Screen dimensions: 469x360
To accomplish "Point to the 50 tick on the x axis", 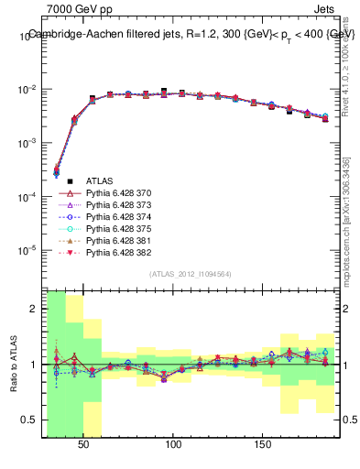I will click(84, 443).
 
